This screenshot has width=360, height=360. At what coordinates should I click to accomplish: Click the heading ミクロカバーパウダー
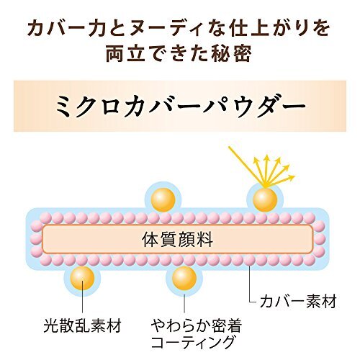[180, 106]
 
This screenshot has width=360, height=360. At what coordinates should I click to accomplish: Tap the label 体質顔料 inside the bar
[177, 240]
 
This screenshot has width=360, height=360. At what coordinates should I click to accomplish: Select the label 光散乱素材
[83, 325]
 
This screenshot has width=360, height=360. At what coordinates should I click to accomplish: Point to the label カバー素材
[298, 301]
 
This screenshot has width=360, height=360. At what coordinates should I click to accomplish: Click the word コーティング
[192, 342]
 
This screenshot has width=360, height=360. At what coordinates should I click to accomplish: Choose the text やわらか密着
[197, 325]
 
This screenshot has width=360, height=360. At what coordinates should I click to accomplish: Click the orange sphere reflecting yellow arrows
[265, 199]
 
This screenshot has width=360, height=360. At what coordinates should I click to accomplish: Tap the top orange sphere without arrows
[163, 199]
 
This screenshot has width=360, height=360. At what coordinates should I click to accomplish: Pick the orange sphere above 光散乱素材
[82, 279]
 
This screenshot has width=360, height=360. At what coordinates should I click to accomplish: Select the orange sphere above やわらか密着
[184, 279]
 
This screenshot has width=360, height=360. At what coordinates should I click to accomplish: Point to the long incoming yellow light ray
[247, 167]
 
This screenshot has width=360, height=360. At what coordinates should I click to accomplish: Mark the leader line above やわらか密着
[184, 303]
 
